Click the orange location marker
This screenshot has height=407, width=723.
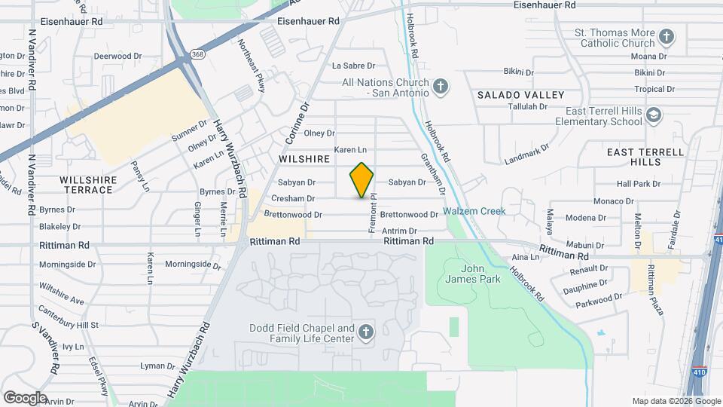(362, 180)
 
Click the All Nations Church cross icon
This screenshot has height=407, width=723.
(441, 87)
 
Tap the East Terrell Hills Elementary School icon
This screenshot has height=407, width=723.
(653, 115)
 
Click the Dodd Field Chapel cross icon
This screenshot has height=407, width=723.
(365, 332)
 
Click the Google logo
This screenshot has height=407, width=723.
(25, 398)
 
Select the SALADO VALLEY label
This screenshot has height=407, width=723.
(520, 95)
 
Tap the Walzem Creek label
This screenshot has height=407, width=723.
(474, 211)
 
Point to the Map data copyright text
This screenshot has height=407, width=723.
(676, 401)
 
